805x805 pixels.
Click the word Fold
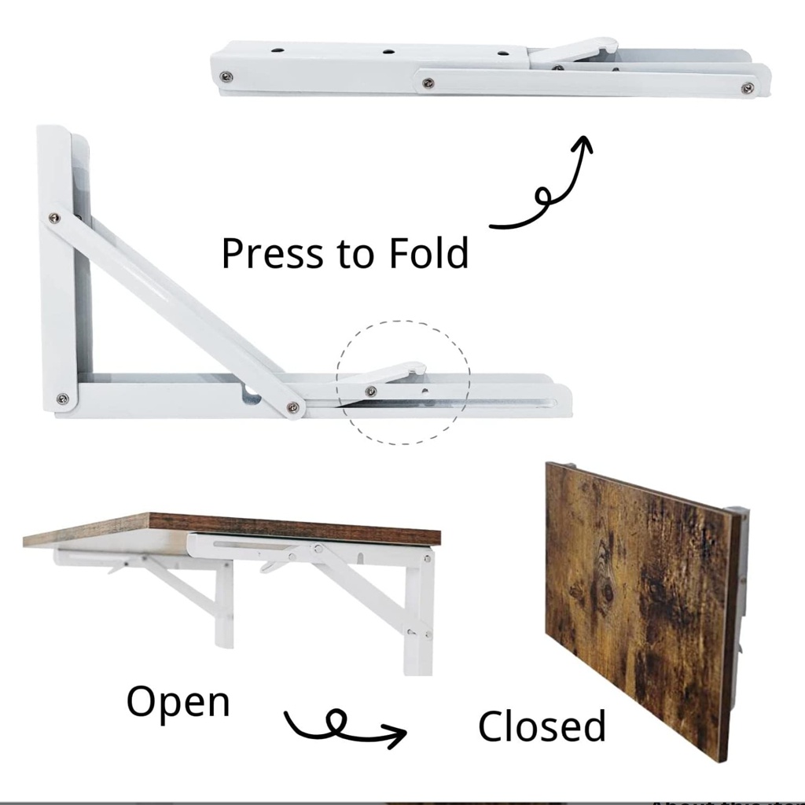coord(428,252)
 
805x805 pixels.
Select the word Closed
coord(542,726)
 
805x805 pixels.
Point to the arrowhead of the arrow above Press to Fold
coord(583,143)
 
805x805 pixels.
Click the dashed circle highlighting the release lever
coord(403,322)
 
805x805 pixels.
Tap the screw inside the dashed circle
coord(371,392)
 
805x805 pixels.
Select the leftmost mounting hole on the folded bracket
coord(278,51)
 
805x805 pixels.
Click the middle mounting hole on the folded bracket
coord(388,52)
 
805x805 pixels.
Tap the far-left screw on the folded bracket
coord(226,77)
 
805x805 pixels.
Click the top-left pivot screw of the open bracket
coord(54,219)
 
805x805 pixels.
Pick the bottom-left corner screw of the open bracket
coord(63,399)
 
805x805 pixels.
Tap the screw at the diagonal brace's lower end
coord(293,407)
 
